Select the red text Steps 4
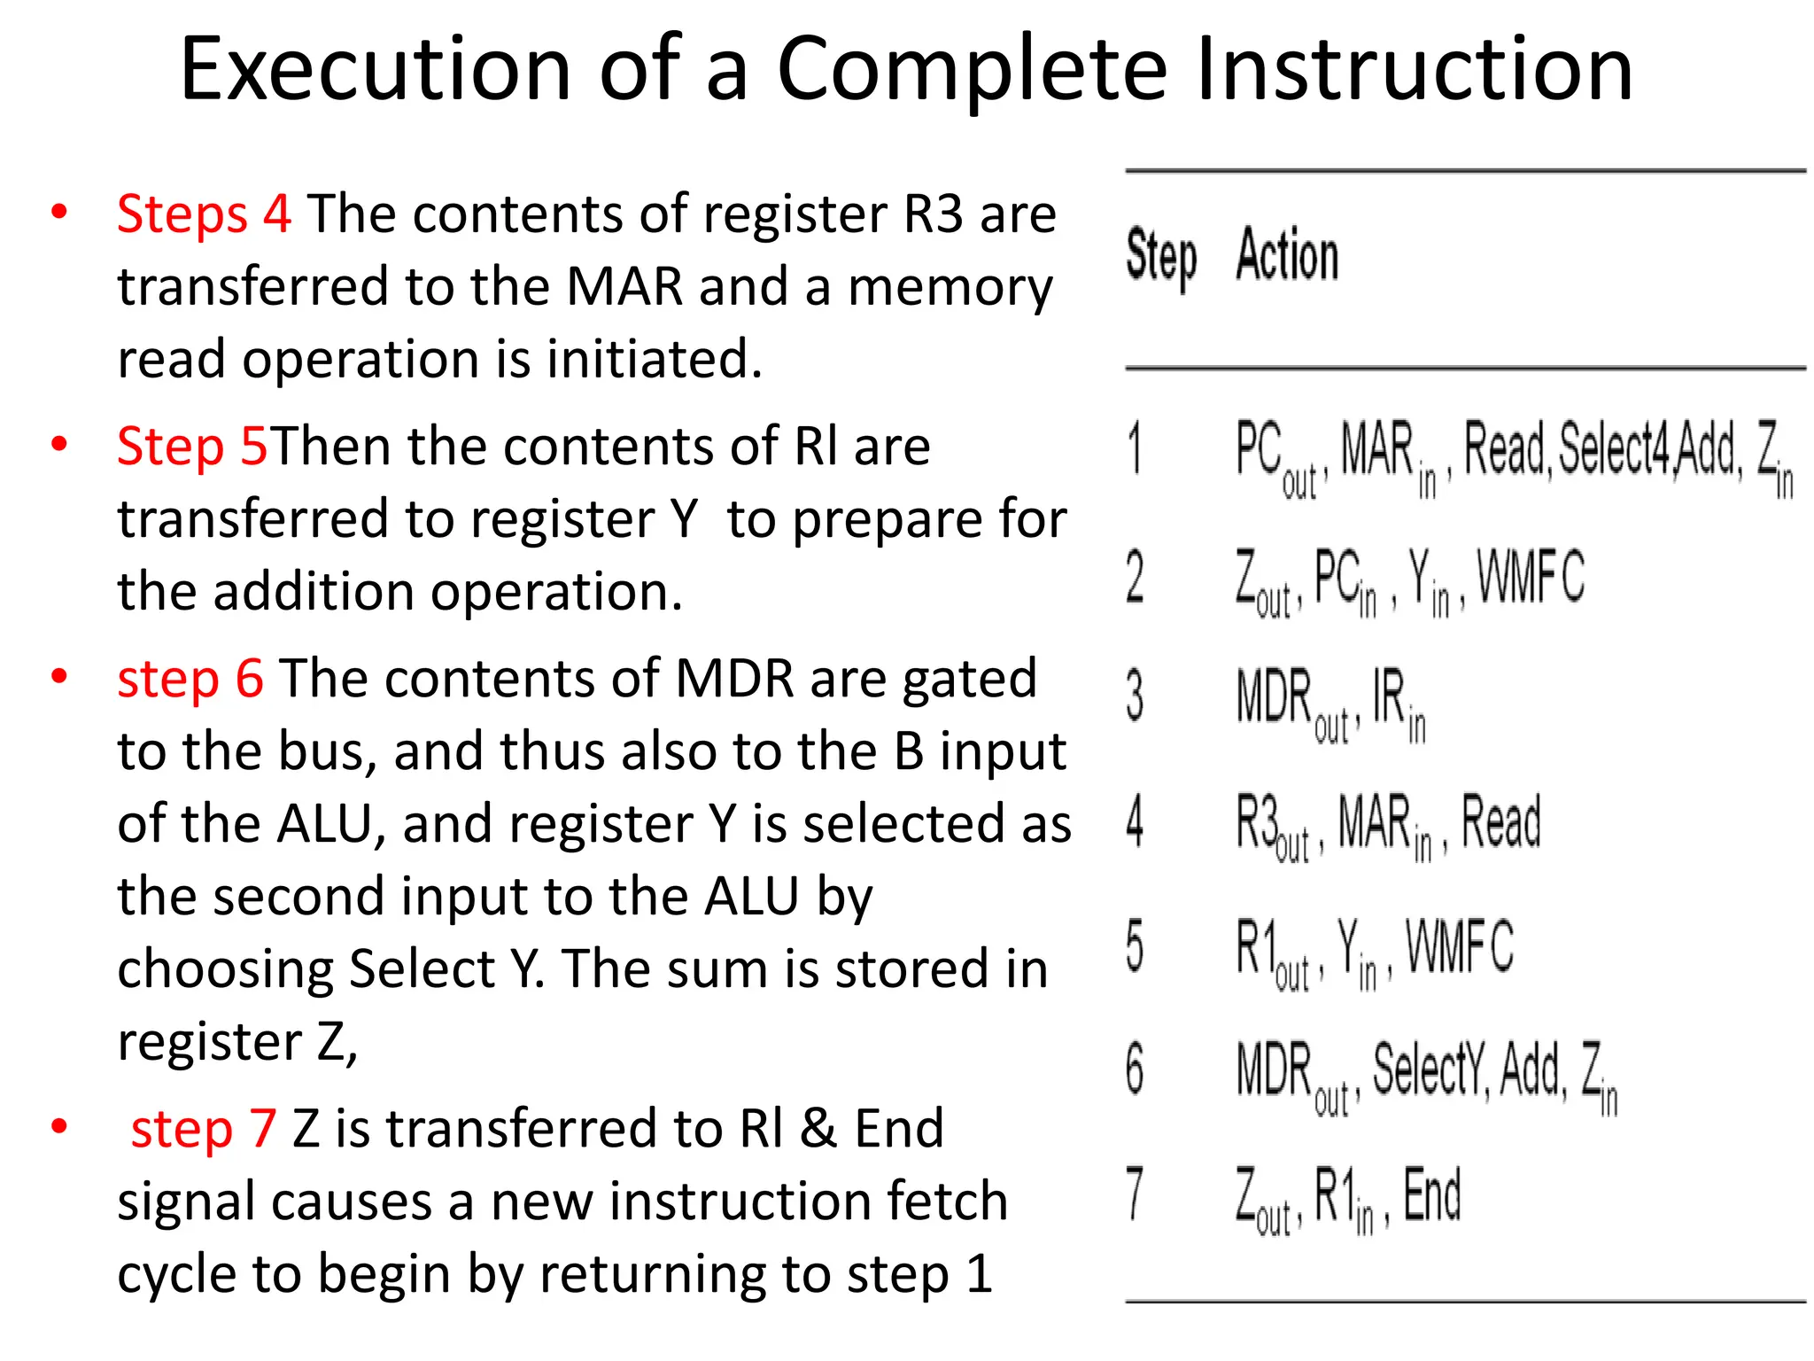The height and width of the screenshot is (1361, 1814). [x=204, y=214]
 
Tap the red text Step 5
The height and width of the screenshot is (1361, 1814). [x=191, y=446]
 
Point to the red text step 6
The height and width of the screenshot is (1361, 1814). [x=190, y=679]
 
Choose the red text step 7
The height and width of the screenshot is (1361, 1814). [x=204, y=1129]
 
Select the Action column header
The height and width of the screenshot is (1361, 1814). [x=1287, y=255]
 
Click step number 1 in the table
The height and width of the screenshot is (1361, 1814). [x=1135, y=448]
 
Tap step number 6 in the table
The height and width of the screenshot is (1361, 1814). [x=1135, y=1069]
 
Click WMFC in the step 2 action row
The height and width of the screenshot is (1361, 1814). [x=1531, y=576]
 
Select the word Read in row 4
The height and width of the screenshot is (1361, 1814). [x=1500, y=821]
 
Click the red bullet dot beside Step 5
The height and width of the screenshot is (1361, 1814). [x=59, y=444]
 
